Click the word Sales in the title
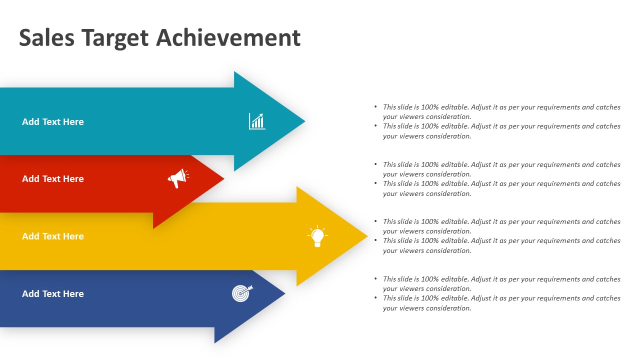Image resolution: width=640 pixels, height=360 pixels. tap(46, 37)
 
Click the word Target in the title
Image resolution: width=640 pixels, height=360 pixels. tap(115, 38)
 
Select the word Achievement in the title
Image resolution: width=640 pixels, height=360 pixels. tap(228, 37)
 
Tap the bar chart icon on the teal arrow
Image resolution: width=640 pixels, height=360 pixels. tap(257, 121)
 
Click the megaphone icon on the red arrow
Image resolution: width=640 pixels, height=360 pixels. tap(178, 178)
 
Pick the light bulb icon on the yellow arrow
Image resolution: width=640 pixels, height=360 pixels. tap(317, 236)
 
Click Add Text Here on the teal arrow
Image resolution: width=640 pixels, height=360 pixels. tap(53, 121)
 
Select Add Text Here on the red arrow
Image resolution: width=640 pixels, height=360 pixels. tap(53, 179)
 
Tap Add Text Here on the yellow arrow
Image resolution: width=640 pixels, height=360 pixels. tap(53, 236)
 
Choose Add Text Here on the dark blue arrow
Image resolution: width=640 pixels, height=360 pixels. tap(53, 293)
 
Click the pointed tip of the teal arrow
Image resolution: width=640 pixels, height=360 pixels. tap(305, 121)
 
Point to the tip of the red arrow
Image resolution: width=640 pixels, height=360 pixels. tap(224, 179)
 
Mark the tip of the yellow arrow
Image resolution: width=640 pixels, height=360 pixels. tap(367, 236)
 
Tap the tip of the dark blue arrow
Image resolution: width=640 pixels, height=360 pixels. tap(285, 293)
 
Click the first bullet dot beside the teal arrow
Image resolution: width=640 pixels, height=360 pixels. tap(375, 107)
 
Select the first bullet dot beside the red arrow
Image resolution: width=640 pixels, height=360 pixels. tap(375, 164)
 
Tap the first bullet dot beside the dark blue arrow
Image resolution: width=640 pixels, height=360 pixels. tap(375, 279)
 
